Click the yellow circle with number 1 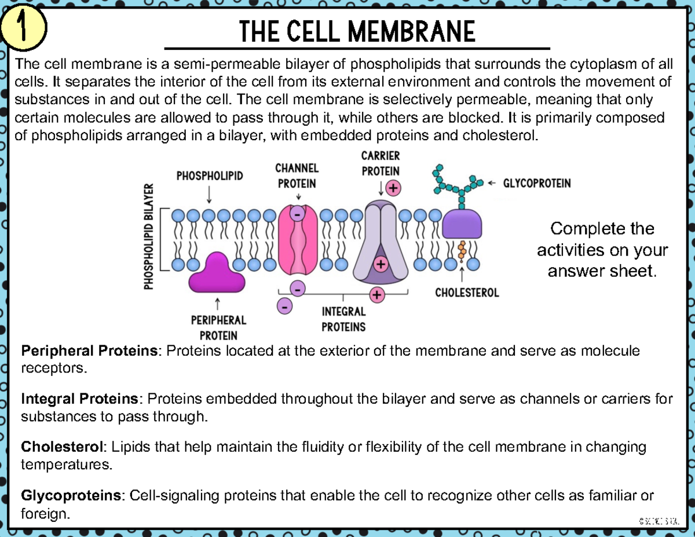click(23, 29)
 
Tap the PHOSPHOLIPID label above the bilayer click(209, 176)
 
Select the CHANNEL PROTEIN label click(297, 176)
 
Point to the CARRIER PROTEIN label click(380, 163)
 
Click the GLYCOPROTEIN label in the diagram click(536, 183)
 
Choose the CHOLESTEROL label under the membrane click(467, 293)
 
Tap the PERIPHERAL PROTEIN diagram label click(218, 327)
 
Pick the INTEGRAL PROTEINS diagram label click(343, 319)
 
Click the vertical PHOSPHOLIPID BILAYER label click(149, 236)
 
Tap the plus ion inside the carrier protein click(381, 265)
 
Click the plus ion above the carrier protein click(393, 188)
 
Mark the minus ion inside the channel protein click(297, 214)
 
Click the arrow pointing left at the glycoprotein click(492, 183)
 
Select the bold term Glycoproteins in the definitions click(72, 495)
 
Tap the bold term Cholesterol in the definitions click(63, 447)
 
